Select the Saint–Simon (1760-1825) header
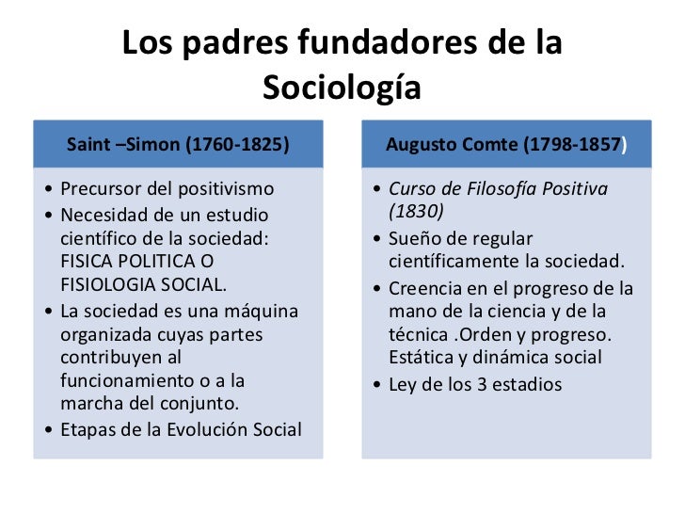[178, 144]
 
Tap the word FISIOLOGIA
[111, 285]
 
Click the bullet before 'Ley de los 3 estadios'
[376, 384]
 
